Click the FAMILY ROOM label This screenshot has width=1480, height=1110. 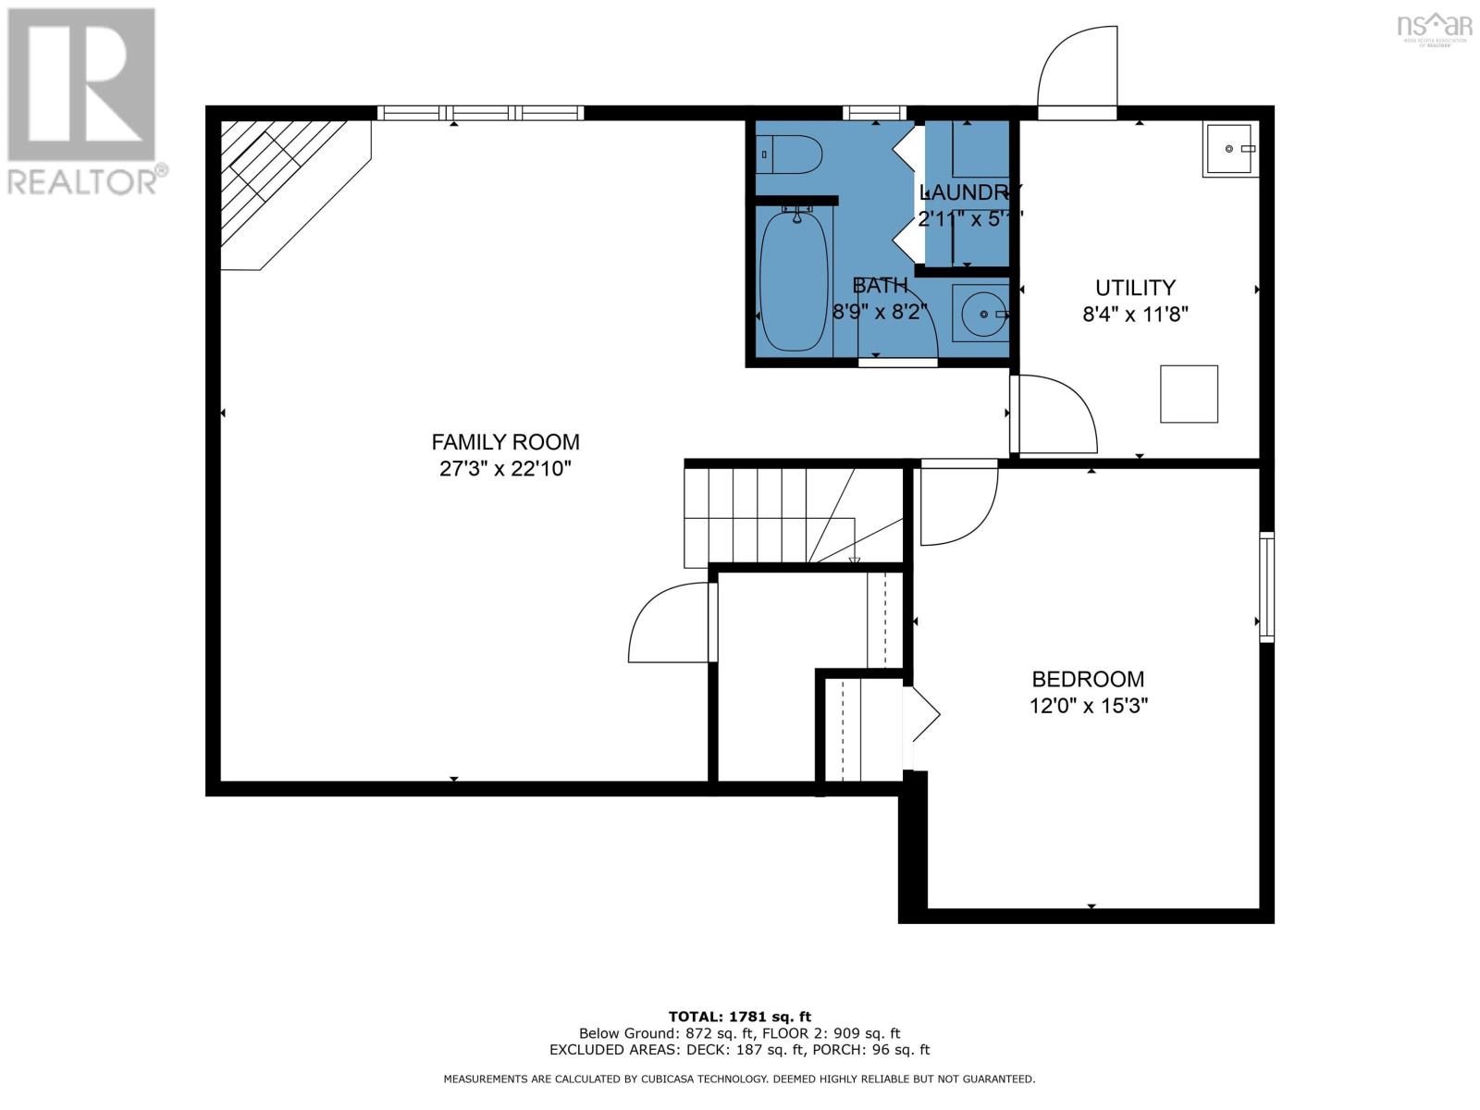[x=505, y=442]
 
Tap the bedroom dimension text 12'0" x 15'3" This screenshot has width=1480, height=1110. [x=1088, y=706]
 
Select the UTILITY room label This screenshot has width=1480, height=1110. [x=1135, y=288]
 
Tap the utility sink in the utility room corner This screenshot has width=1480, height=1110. [x=1228, y=149]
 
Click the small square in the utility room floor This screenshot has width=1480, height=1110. [x=1190, y=394]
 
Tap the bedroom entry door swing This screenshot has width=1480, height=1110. [x=957, y=504]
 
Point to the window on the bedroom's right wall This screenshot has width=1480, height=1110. [x=1266, y=586]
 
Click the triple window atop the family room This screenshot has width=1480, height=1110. [x=480, y=113]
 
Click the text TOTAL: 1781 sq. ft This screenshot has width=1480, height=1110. [x=739, y=1017]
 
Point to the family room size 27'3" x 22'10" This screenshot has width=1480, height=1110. [x=505, y=469]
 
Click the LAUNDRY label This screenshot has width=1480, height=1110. [x=969, y=192]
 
